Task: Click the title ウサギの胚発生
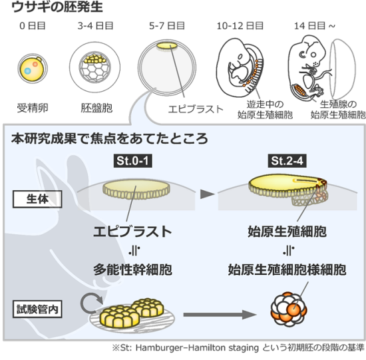pos(57,7)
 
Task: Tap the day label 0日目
pos(33,26)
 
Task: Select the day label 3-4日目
pos(95,26)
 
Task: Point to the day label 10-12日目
pos(240,26)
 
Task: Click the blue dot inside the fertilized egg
pos(28,71)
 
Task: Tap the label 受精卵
pos(33,108)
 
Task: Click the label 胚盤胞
pos(96,108)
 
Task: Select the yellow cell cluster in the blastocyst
pos(94,59)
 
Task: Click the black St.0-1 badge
pos(133,161)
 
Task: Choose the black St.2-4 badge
pos(287,161)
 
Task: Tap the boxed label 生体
pos(37,199)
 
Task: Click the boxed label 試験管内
pos(37,309)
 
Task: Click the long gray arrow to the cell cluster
pos(220,315)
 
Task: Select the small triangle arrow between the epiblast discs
pos(207,194)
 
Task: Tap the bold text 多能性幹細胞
pos(132,270)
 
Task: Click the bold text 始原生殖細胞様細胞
pos(287,270)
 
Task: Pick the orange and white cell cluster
pos(289,309)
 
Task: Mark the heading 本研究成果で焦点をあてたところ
pos(110,138)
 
